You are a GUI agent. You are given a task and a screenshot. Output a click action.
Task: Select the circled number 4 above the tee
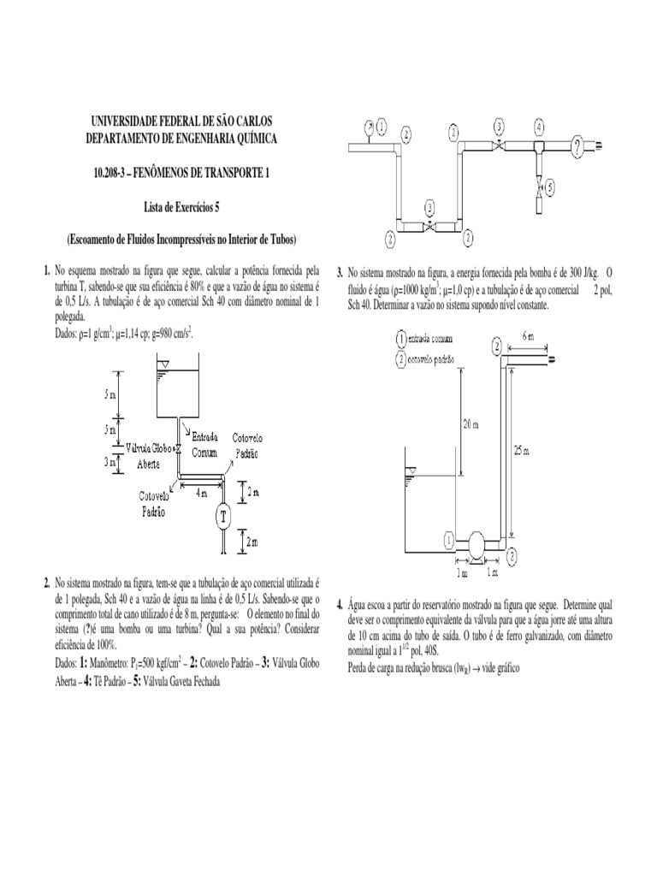538,127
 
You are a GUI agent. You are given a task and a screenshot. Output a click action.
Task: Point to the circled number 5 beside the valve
551,185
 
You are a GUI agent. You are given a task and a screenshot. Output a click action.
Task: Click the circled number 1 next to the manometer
382,127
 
